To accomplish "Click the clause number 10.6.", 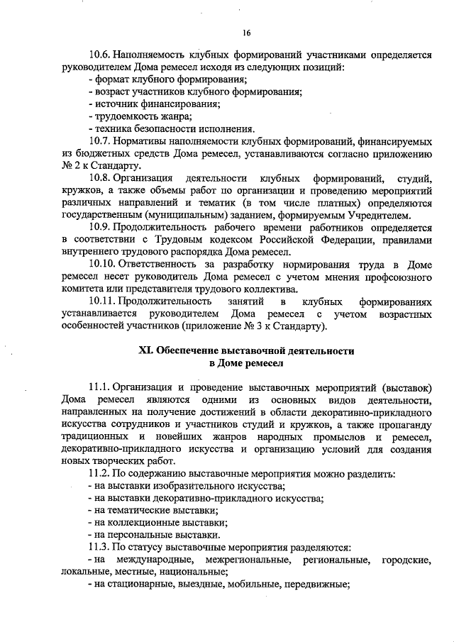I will (99, 54).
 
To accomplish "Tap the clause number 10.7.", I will (99, 140).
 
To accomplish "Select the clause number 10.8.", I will (99, 177).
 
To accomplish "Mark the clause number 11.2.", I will (99, 473).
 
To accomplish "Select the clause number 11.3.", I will (99, 547).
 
